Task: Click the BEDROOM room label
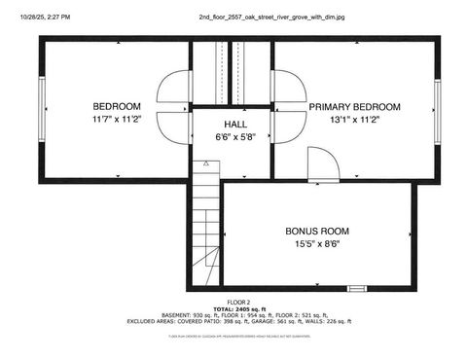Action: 117,106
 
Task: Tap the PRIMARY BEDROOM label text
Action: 354,106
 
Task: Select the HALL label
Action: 235,125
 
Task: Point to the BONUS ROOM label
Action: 317,231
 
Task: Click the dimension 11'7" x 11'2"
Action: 116,120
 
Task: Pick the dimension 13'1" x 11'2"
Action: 354,120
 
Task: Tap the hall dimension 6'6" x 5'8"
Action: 235,138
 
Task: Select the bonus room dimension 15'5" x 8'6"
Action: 317,244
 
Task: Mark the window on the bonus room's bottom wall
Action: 357,289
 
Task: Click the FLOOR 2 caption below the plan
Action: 238,303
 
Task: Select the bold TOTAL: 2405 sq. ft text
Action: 238,309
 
